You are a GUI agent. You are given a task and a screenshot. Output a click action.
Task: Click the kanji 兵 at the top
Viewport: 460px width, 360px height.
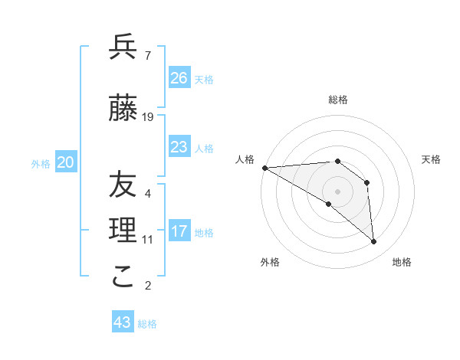tap(123, 47)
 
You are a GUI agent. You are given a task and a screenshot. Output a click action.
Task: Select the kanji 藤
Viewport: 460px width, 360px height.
tap(123, 109)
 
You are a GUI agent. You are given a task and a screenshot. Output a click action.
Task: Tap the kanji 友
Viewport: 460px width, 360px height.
tap(123, 185)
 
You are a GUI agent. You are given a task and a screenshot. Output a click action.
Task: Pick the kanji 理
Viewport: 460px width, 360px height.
tap(123, 231)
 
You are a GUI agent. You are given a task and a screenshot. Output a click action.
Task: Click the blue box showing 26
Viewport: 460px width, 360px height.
tap(179, 77)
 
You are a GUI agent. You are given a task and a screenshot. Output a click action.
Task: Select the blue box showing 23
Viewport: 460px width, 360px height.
tap(179, 147)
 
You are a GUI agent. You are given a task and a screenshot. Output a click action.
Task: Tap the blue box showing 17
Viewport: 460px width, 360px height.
tap(179, 231)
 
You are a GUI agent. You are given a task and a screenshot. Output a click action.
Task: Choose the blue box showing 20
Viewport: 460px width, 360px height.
tap(66, 162)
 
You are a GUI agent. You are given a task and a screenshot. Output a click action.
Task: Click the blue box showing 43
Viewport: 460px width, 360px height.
tap(123, 322)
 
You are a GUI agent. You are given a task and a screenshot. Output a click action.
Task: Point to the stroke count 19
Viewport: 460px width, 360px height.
tap(148, 117)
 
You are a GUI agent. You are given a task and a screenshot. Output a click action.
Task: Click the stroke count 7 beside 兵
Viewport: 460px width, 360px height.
tap(147, 56)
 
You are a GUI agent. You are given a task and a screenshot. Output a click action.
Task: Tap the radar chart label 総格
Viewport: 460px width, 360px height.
tap(337, 100)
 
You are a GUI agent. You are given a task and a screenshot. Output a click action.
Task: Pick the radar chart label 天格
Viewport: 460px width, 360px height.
tap(432, 159)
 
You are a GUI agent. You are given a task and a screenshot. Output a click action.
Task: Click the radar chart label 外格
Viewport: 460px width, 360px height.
tap(270, 262)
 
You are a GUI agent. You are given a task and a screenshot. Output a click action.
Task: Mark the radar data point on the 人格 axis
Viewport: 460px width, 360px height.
tap(264, 168)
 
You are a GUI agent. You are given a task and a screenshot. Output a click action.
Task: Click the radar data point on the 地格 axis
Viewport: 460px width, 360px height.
tap(374, 242)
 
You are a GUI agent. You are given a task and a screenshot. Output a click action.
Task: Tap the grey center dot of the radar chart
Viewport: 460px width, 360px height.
tap(337, 191)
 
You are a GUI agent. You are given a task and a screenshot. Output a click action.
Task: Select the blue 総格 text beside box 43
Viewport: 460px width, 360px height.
tap(147, 324)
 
